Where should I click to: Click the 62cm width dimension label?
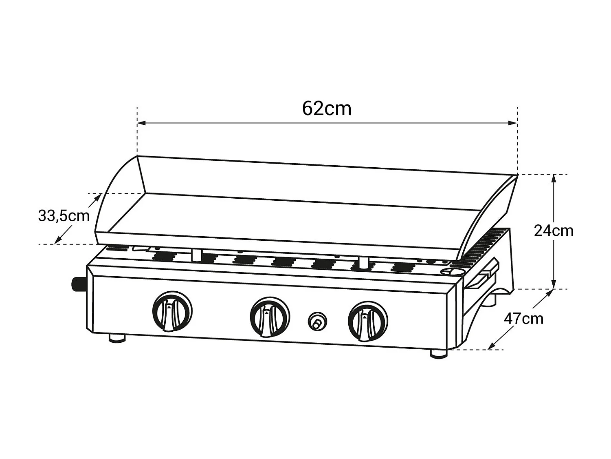(327, 109)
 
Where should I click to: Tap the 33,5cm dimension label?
(64, 215)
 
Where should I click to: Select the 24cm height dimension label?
(554, 231)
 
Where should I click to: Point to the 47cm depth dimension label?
(524, 318)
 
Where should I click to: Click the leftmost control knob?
(172, 311)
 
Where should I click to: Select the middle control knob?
(269, 317)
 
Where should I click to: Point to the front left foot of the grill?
(117, 338)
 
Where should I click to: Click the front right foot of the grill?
(439, 353)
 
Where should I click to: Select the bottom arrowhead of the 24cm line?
(554, 285)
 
